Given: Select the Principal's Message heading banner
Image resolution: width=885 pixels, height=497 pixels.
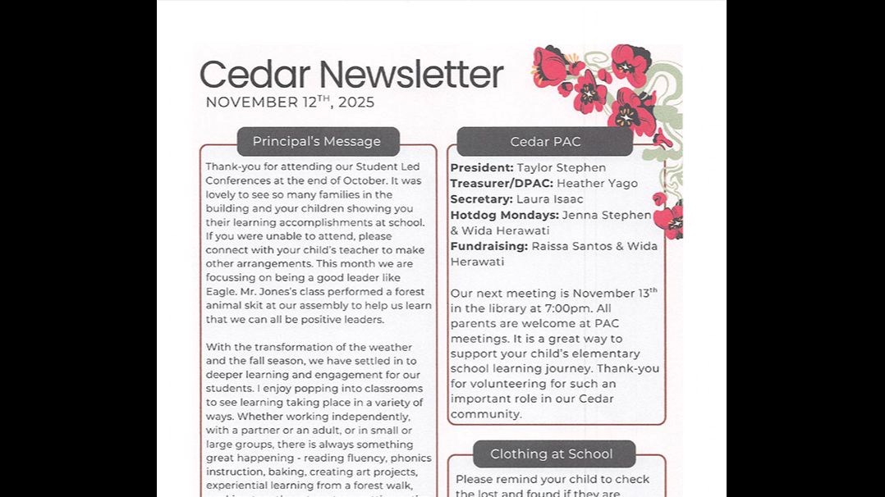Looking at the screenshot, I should tap(317, 142).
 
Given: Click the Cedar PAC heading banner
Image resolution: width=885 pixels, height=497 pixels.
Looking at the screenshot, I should tap(545, 142).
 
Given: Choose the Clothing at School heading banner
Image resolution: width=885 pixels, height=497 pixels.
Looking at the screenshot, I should tap(552, 454).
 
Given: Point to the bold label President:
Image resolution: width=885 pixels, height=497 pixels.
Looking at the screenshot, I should tap(482, 168).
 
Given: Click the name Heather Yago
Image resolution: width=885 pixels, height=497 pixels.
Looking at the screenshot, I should tap(597, 184).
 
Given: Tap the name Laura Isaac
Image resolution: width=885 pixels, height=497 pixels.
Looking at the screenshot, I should tap(550, 199).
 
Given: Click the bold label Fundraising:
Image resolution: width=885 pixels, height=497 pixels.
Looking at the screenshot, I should tap(489, 246).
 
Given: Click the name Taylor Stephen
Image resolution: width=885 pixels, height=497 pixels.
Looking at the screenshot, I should tap(562, 168).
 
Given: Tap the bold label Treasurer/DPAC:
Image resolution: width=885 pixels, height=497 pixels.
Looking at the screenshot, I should tap(502, 184).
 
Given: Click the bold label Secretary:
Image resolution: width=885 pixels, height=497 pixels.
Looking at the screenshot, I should tap(482, 199).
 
